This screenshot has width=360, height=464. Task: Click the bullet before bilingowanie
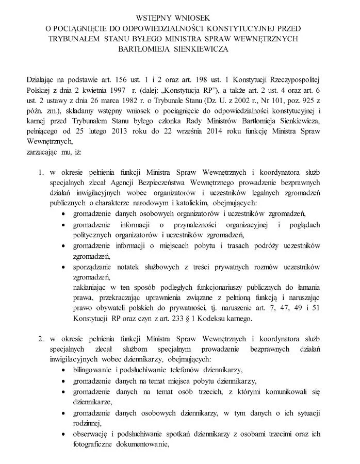[x=63, y=370]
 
